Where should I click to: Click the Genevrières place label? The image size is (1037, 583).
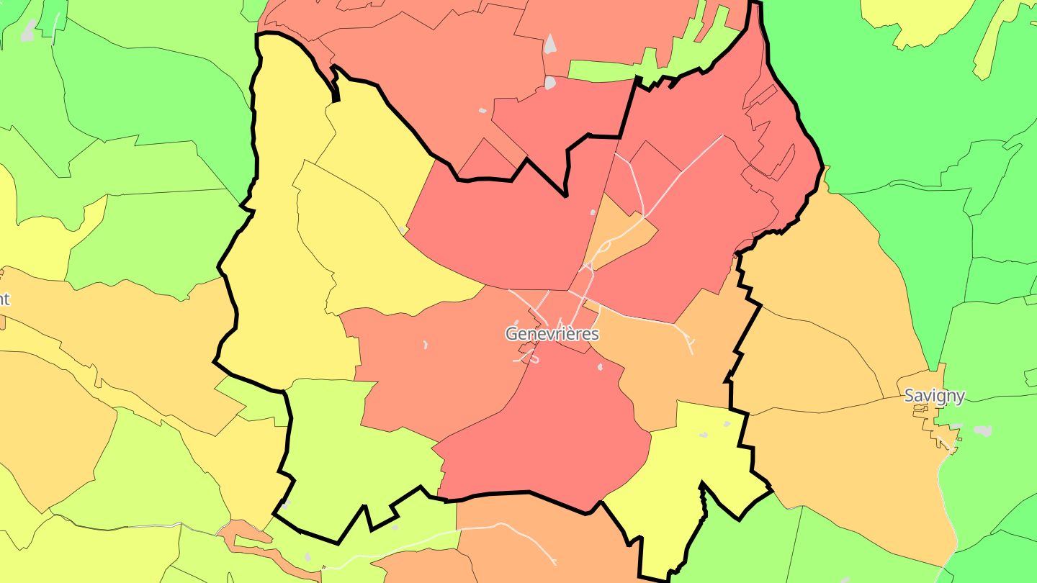552,334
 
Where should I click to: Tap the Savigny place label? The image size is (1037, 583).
934,395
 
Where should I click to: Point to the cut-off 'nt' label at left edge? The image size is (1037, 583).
4,299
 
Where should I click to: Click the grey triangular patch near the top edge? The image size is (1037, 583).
550,45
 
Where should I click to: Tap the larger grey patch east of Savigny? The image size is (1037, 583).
982,430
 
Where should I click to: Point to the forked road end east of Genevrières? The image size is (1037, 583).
690,343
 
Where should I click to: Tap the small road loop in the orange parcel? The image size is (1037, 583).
602,248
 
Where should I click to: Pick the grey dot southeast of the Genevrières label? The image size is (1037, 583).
600,367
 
